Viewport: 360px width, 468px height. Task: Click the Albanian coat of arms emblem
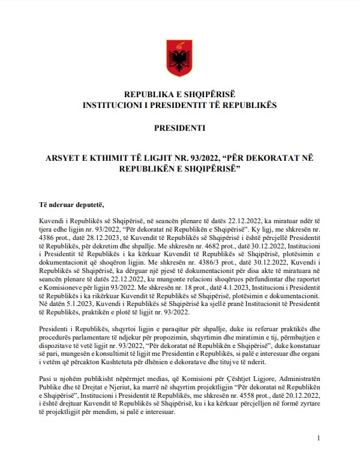179,58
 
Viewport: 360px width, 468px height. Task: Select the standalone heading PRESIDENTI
179,128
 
